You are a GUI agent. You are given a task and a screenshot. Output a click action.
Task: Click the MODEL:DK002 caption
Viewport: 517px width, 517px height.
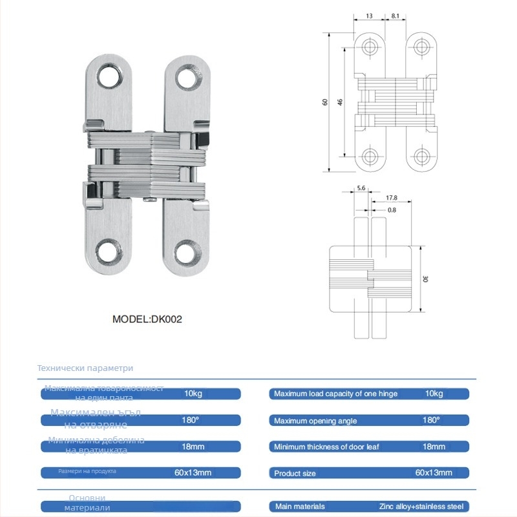click(143, 319)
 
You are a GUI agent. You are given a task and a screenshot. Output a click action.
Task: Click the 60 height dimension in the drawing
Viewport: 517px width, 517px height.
click(326, 101)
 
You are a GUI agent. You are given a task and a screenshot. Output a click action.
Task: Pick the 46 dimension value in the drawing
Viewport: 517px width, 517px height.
click(340, 101)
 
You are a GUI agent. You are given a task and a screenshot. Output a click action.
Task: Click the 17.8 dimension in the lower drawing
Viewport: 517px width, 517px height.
click(392, 198)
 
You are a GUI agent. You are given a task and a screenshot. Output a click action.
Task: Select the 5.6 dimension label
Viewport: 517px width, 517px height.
click(361, 188)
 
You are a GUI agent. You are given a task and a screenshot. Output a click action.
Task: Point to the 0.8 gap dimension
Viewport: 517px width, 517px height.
click(392, 210)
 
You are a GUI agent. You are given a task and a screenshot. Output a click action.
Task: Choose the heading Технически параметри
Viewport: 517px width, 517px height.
click(85, 368)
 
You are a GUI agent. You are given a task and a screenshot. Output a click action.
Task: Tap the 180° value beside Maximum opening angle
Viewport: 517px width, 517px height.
click(431, 420)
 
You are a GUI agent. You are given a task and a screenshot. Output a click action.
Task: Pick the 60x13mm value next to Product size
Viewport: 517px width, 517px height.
click(434, 473)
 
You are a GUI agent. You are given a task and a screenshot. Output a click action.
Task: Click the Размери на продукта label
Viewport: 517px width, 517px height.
click(87, 472)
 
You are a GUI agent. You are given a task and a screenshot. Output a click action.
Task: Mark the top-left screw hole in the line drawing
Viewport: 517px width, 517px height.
click(370, 47)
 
